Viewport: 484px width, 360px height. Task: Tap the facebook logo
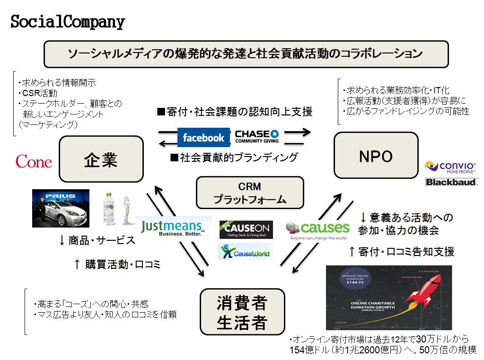point(203,137)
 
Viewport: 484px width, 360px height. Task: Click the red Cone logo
point(34,162)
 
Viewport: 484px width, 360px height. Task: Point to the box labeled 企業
point(101,159)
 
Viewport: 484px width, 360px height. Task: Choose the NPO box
point(376,155)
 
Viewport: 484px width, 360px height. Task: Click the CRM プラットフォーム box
point(249,193)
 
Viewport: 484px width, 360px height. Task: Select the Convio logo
point(451,167)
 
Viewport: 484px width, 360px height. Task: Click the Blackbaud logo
point(452,182)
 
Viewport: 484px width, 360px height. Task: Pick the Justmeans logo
point(173,228)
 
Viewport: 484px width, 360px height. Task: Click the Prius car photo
point(61,209)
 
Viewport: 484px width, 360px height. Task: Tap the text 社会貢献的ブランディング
point(234,157)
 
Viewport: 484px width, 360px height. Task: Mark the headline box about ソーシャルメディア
point(246,54)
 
